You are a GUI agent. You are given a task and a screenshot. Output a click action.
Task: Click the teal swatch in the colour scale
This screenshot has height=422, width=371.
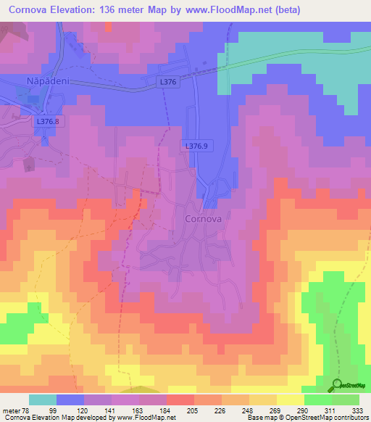tap(43, 400)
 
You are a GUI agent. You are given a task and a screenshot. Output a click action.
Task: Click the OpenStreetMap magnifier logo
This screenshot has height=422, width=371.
tap(337, 384)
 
